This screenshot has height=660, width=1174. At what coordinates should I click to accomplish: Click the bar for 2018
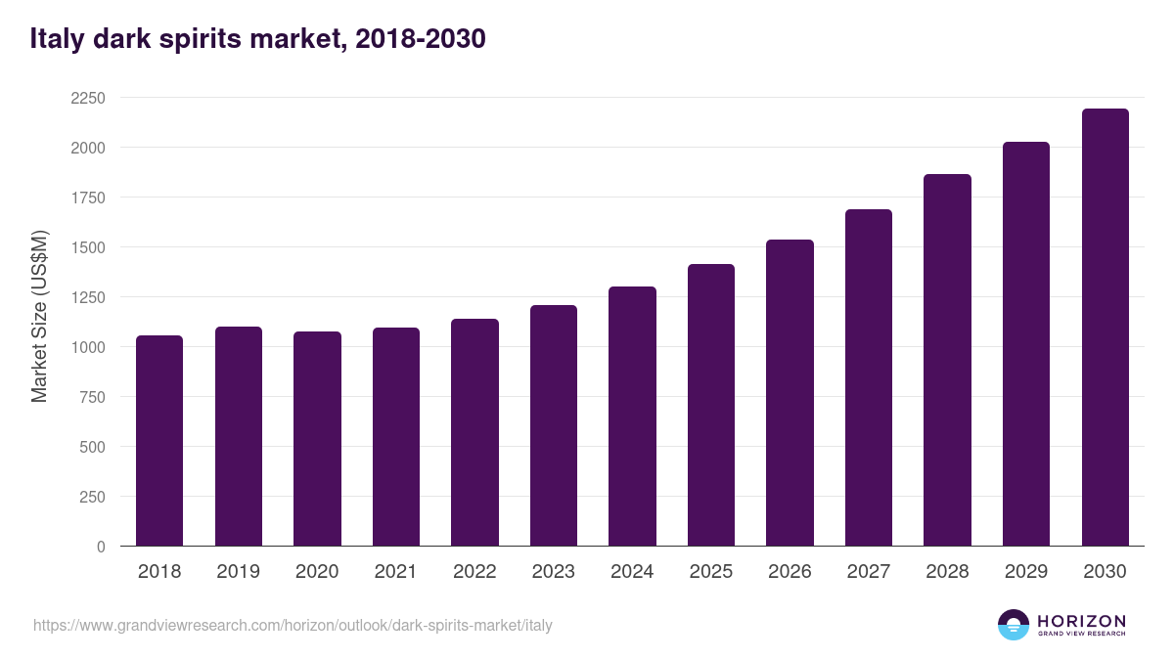(159, 441)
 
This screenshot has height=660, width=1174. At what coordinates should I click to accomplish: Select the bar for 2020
(317, 439)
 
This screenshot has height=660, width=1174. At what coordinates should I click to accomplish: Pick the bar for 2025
(711, 405)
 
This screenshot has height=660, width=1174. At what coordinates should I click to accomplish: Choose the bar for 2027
(869, 377)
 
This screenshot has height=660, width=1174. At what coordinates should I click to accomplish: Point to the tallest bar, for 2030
(1105, 328)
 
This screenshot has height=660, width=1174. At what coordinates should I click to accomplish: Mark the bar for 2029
(1026, 344)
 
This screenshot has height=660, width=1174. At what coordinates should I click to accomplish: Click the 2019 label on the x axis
(238, 572)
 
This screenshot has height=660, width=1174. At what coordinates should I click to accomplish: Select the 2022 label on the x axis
(474, 572)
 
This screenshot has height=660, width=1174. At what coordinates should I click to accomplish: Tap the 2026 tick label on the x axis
(790, 572)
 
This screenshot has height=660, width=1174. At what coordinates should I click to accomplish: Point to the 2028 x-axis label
(947, 572)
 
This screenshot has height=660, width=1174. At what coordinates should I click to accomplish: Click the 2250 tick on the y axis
(88, 98)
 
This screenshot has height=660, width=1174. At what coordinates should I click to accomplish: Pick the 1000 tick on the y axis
(88, 347)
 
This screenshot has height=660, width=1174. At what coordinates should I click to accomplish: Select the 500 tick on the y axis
(94, 447)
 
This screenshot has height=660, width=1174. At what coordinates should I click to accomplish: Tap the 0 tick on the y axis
(102, 547)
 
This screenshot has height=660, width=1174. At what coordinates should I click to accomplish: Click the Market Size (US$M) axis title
(39, 316)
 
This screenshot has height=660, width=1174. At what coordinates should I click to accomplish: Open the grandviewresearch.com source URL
(293, 625)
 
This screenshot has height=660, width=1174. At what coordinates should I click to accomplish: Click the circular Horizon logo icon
(1014, 625)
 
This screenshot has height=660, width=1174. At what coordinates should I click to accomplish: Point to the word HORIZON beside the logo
(1081, 621)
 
